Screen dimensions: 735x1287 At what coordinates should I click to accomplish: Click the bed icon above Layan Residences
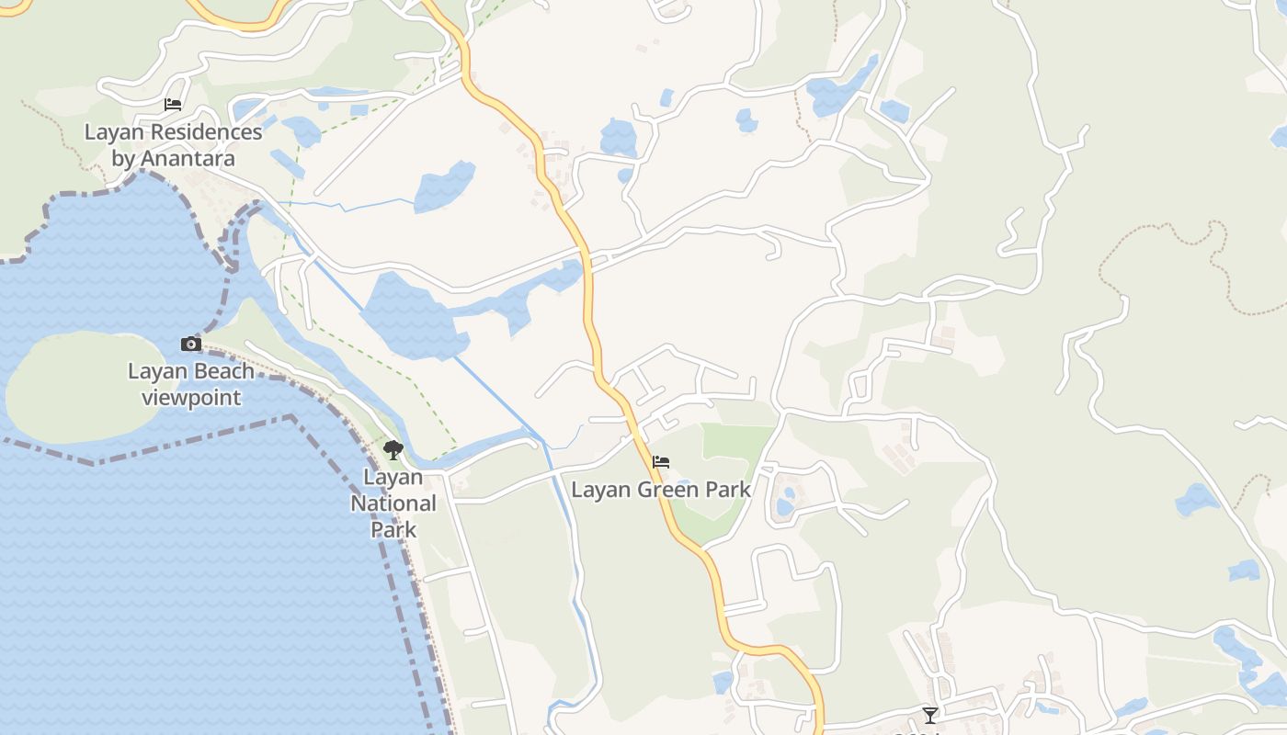pos(173,105)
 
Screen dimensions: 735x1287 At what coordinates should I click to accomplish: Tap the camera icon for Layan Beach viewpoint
pos(191,345)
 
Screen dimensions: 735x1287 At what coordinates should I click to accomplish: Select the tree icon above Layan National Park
pos(393,450)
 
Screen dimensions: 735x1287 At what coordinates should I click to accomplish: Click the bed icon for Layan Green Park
pos(661,462)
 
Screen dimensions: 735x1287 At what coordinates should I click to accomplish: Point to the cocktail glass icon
pos(930,715)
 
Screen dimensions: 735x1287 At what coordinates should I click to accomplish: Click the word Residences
pos(206,132)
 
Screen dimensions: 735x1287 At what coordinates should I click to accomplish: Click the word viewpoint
pos(191,398)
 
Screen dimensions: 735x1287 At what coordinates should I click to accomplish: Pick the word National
pos(393,503)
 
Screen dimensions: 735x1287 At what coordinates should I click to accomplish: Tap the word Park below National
pos(393,529)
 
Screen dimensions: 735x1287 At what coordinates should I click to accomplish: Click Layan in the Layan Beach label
pos(153,372)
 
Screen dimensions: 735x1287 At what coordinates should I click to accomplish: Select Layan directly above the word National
pos(393,477)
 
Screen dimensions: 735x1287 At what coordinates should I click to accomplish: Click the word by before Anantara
pos(123,158)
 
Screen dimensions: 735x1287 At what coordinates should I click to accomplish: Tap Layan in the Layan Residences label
pos(113,132)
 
